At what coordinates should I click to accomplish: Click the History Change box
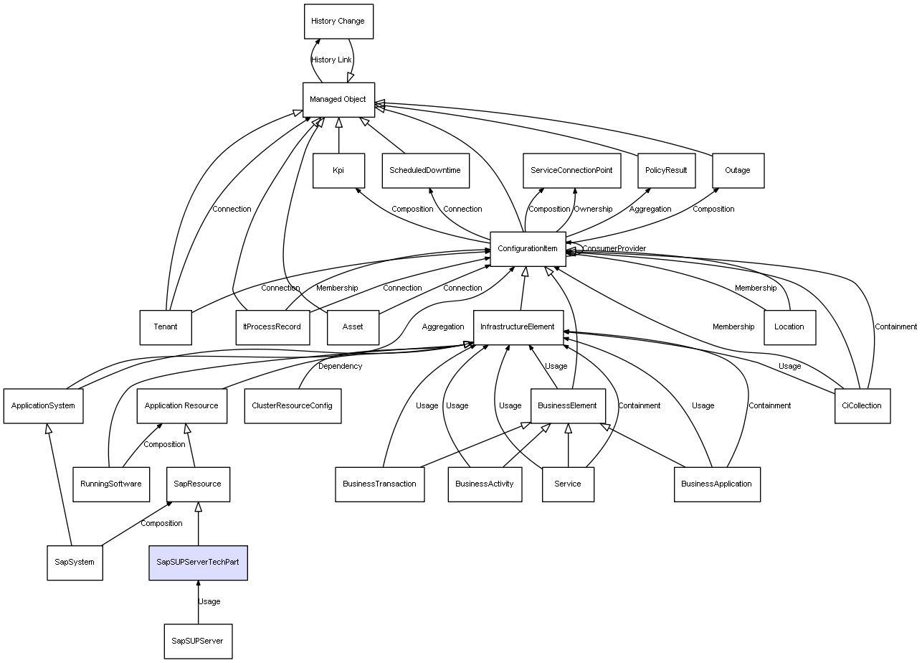(x=338, y=22)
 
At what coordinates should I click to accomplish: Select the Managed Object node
(x=338, y=100)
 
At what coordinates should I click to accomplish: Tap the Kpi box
(x=338, y=171)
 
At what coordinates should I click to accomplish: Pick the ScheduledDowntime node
(x=426, y=171)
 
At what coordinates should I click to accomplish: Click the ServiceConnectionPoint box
(x=572, y=171)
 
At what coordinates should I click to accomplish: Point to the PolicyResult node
(x=667, y=171)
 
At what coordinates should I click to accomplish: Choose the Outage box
(x=738, y=171)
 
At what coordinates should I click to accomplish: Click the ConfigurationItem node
(x=528, y=249)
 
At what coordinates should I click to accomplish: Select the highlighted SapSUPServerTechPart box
(x=199, y=563)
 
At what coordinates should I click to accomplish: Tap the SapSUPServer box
(x=199, y=641)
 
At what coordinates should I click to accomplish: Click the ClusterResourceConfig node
(x=293, y=406)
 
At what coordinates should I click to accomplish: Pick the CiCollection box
(x=862, y=406)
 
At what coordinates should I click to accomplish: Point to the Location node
(x=790, y=327)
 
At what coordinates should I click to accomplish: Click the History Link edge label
(x=331, y=60)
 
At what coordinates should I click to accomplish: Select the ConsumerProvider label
(x=614, y=248)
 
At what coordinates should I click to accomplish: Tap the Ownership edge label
(x=593, y=209)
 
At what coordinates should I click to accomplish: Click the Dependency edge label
(x=341, y=367)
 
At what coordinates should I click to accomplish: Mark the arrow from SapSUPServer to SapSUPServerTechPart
(x=199, y=602)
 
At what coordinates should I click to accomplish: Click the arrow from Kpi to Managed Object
(x=338, y=135)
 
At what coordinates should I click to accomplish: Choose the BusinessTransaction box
(x=380, y=484)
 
